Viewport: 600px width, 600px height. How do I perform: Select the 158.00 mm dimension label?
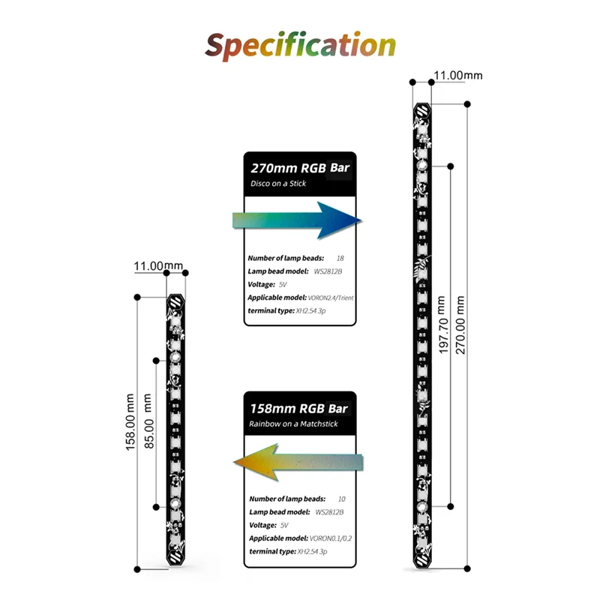tap(132, 428)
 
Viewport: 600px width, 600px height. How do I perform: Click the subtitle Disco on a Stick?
tap(279, 184)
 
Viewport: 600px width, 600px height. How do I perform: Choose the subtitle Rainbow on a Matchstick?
tap(293, 424)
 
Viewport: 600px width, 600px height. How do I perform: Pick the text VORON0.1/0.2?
tap(327, 538)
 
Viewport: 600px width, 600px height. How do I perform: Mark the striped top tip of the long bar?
tap(421, 110)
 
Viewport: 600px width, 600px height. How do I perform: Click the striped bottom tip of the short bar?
tap(175, 559)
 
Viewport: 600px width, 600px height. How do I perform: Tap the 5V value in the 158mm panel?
tap(283, 526)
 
